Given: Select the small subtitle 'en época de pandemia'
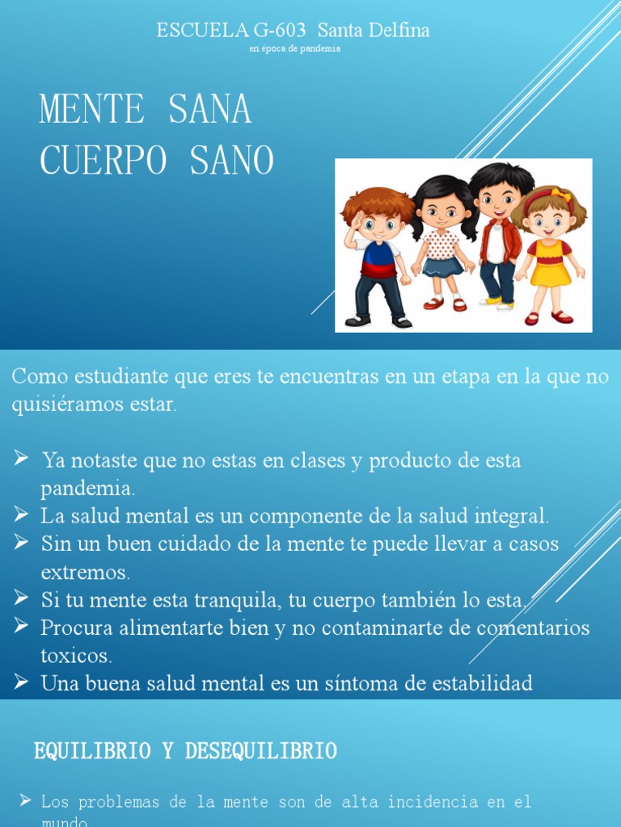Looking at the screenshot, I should click(x=294, y=48).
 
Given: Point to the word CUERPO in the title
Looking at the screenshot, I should click(x=102, y=160).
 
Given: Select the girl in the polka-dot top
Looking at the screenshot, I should click(x=442, y=242).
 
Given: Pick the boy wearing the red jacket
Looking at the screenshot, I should click(x=499, y=234).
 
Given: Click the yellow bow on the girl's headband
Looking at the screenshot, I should click(x=560, y=195).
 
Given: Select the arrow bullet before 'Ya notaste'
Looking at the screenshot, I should click(x=21, y=460).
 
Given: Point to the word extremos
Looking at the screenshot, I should click(x=85, y=573).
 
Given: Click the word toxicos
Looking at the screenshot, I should click(x=76, y=655).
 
